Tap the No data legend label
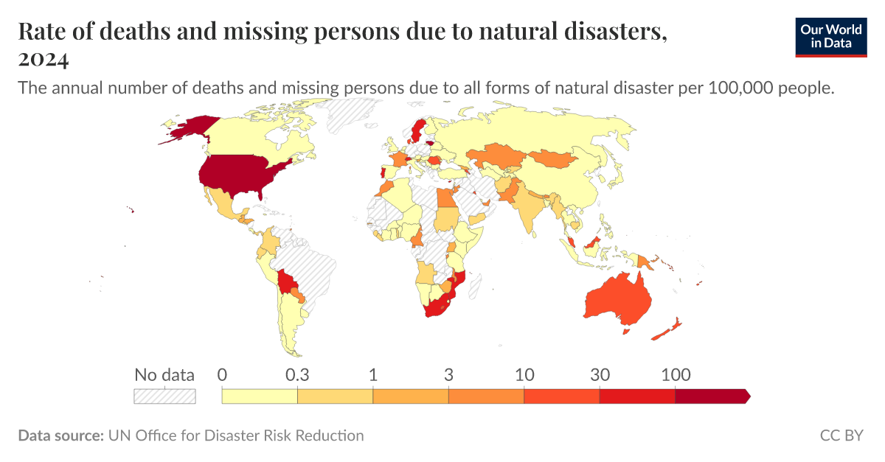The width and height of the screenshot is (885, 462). (x=164, y=374)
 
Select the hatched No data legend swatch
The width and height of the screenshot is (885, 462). (x=164, y=396)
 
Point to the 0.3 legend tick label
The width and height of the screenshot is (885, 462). (x=296, y=374)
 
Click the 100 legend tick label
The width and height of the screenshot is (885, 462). (x=676, y=374)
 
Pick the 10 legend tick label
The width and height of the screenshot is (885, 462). (x=524, y=374)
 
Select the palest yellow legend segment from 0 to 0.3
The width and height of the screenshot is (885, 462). (x=260, y=396)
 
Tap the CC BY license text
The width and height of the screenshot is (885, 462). (x=841, y=435)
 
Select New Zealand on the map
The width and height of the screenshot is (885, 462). (x=667, y=332)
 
